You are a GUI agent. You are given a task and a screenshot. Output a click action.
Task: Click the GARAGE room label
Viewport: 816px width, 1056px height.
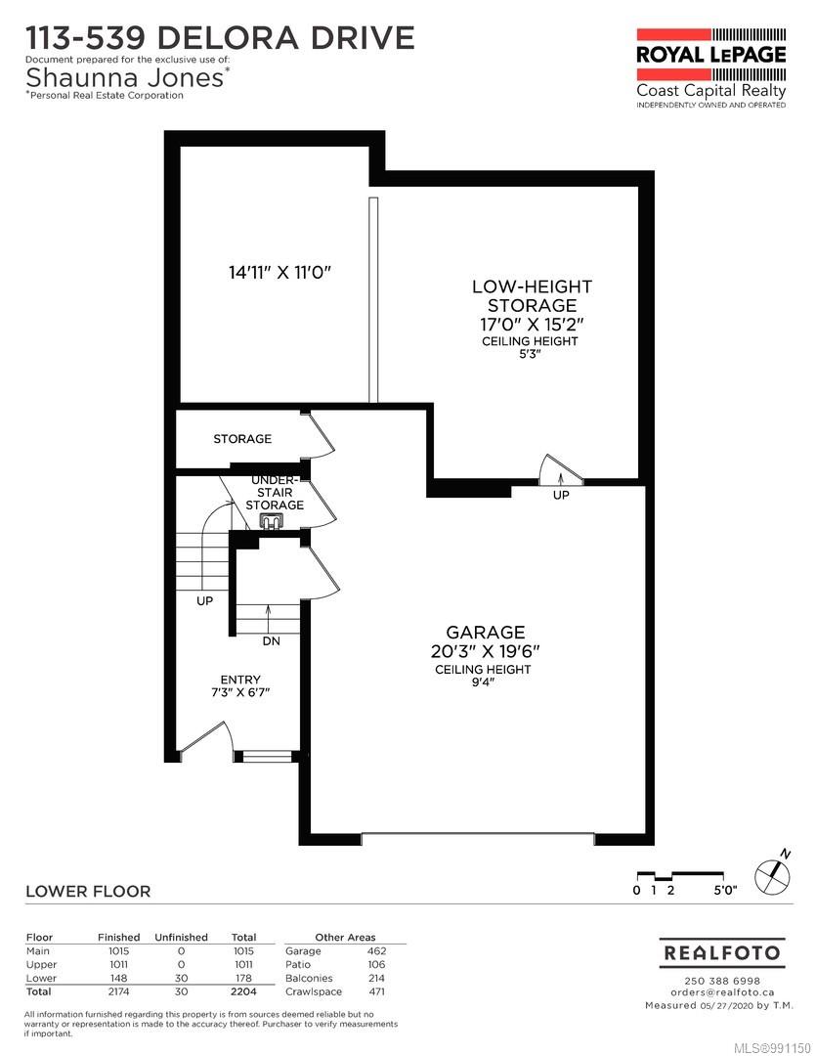point(486,633)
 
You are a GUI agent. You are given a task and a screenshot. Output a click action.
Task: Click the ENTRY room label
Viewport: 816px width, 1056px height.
point(240,680)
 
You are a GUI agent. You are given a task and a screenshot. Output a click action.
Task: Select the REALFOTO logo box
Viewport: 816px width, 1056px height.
point(723,952)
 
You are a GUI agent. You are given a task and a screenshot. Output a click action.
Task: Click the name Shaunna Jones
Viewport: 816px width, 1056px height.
point(127,76)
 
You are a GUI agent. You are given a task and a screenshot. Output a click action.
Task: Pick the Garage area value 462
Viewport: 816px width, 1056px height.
point(376,950)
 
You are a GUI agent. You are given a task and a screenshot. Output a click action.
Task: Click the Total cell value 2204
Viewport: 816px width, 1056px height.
point(242,991)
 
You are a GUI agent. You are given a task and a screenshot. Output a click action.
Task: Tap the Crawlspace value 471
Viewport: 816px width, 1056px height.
point(376,991)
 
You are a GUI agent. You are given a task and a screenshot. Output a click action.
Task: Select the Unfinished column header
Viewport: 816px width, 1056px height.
point(182,937)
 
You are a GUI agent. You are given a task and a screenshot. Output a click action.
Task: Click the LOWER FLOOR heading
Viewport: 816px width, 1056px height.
point(88,891)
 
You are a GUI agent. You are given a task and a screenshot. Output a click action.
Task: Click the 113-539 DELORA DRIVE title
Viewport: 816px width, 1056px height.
point(220,38)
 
